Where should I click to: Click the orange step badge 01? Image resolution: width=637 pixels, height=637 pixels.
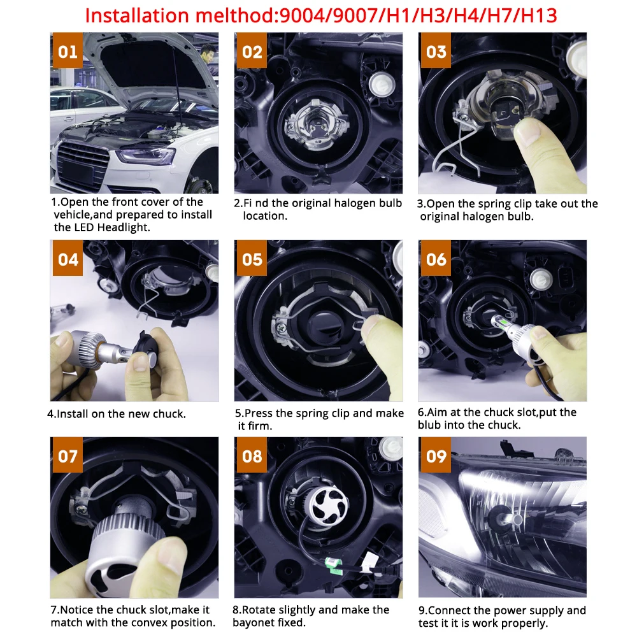point(68,52)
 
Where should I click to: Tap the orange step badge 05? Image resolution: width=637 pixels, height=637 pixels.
point(252,260)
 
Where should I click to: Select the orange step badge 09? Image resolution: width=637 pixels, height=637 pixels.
point(437,457)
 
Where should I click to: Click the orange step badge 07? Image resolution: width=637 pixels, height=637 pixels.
point(68,457)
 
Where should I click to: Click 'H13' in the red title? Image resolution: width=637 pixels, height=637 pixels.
point(535,15)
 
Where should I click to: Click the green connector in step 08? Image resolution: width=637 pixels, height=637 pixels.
point(331,563)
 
